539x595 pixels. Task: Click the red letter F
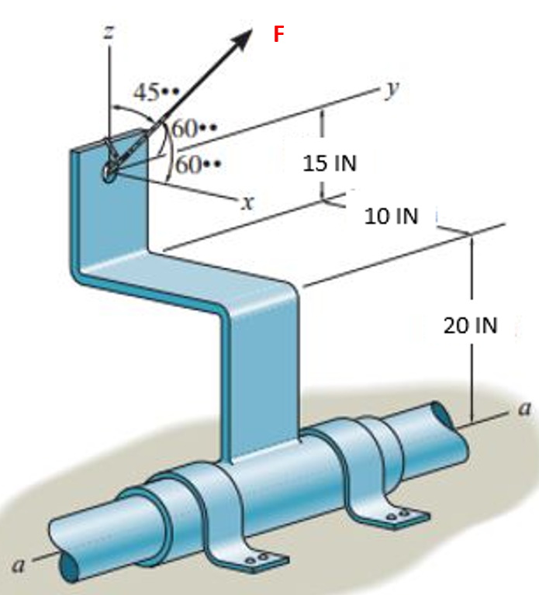click(278, 33)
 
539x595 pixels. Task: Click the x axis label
click(247, 204)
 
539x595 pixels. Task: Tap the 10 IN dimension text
click(391, 216)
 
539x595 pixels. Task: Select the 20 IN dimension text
click(470, 325)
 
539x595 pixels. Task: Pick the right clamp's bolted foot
click(399, 514)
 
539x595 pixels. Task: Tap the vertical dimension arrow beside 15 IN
click(322, 151)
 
